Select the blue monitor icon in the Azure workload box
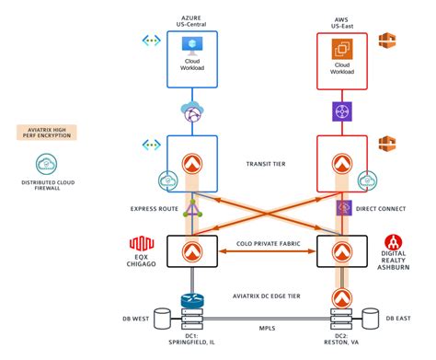192,46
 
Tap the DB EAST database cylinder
371,319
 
